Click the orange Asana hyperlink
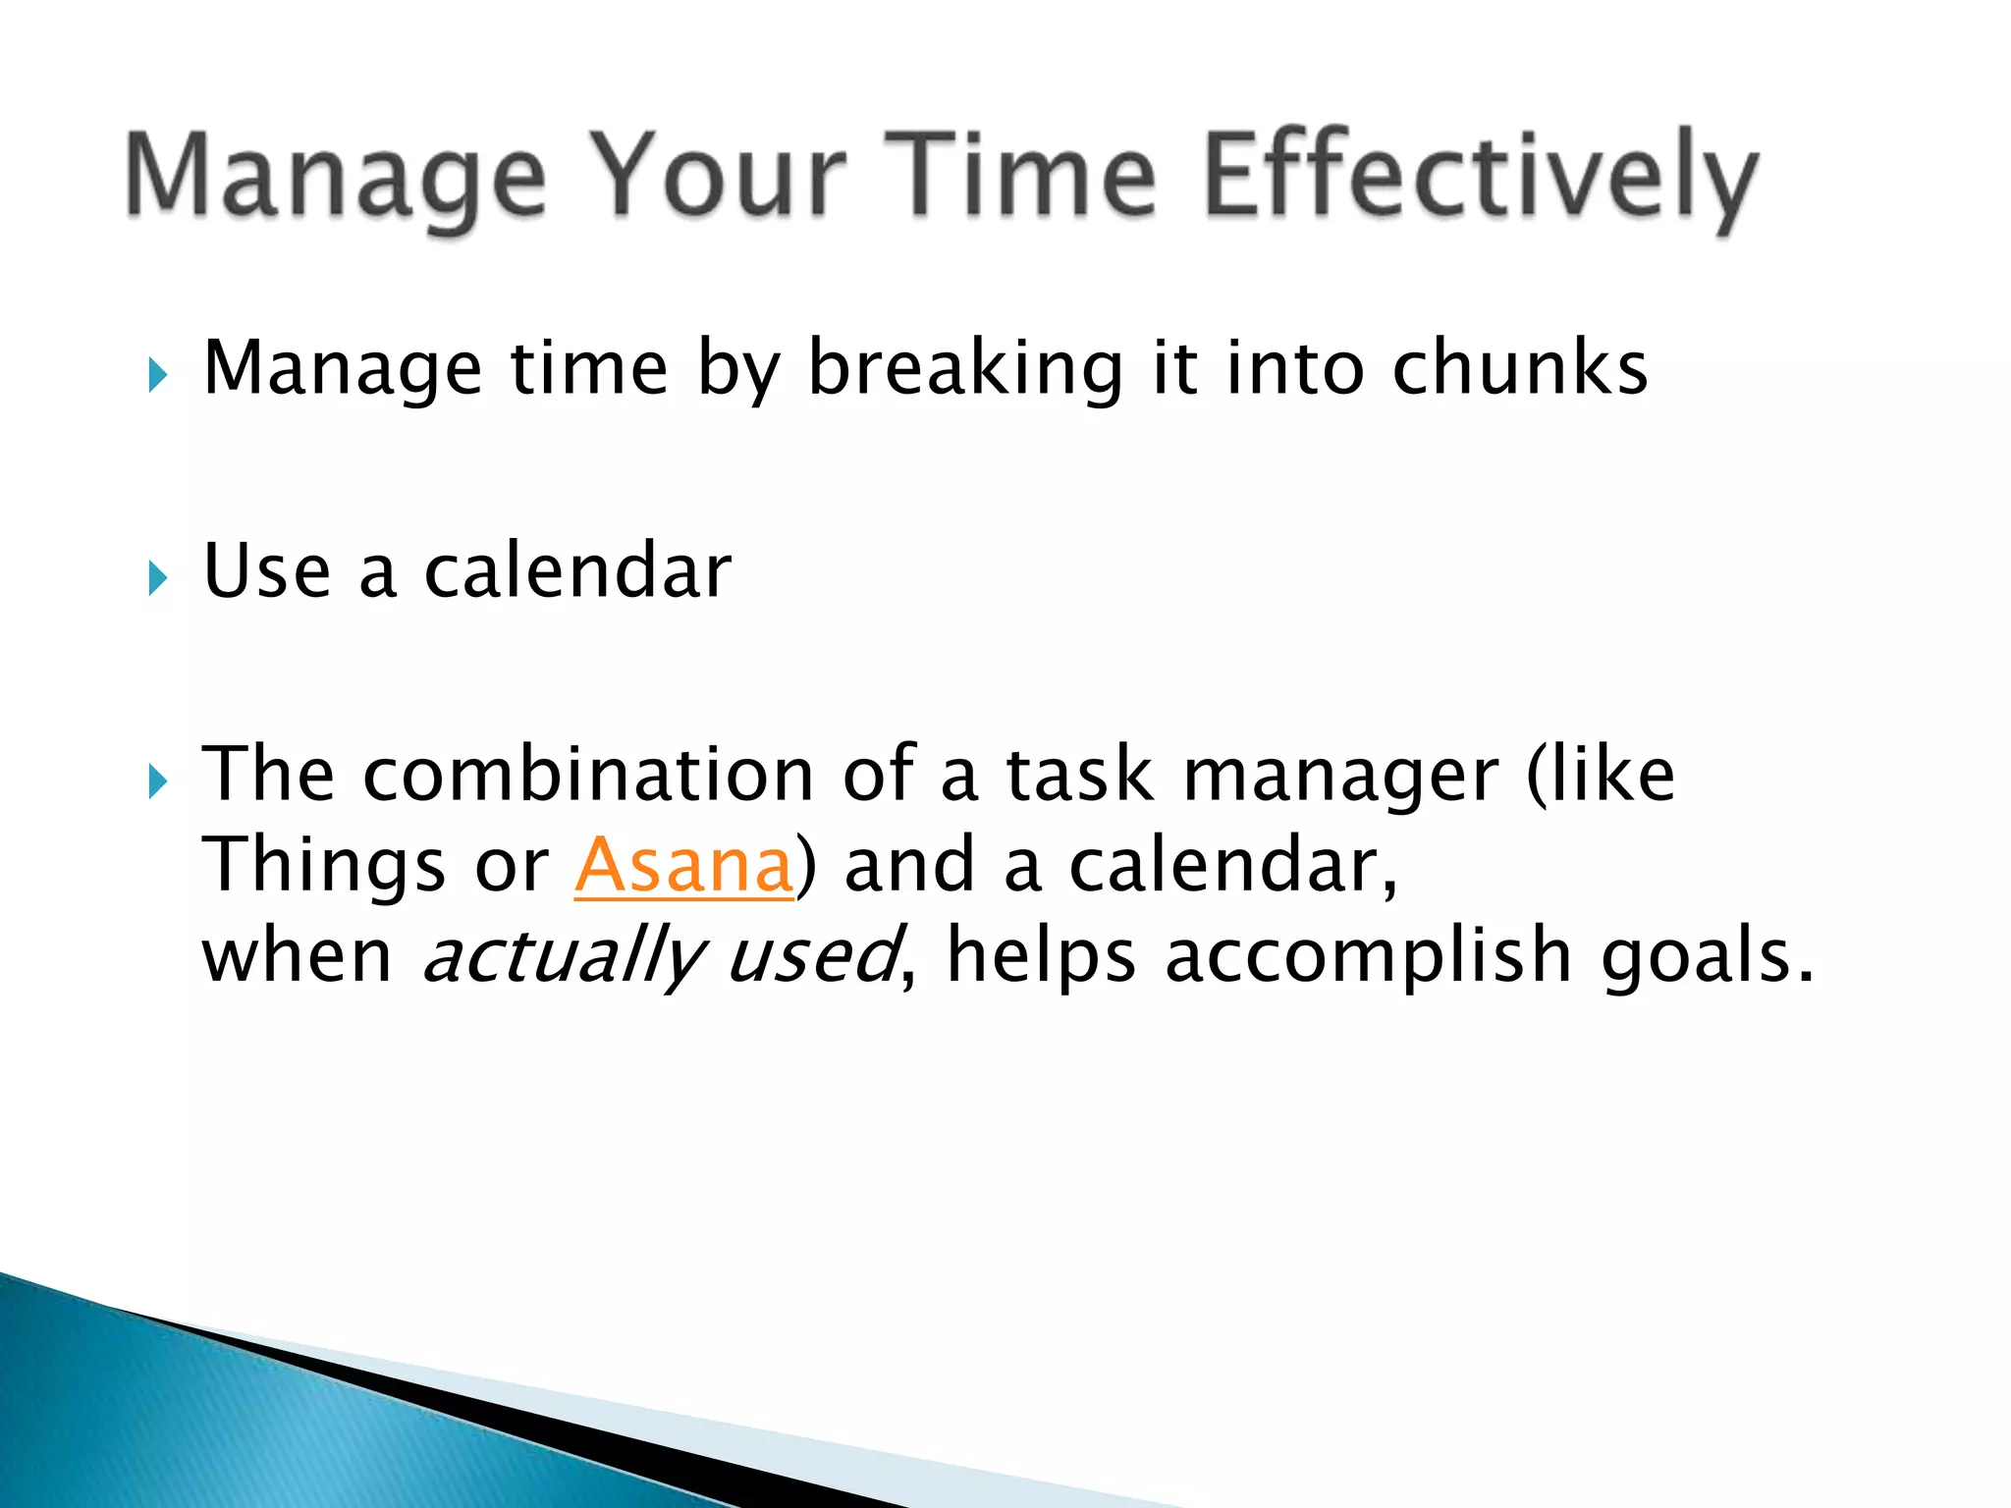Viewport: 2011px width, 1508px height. click(683, 865)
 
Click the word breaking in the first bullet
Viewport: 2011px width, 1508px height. click(964, 369)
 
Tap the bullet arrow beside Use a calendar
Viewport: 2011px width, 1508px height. click(158, 577)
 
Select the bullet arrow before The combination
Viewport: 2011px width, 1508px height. click(158, 782)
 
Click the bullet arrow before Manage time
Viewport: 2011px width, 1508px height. click(158, 375)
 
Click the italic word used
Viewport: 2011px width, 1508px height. click(811, 956)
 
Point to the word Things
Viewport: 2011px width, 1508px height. click(323, 866)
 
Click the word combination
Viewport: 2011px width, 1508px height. click(588, 775)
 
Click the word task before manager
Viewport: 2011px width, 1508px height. click(1079, 775)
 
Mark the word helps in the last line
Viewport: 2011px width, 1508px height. click(1041, 956)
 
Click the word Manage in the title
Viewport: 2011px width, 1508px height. click(335, 179)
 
